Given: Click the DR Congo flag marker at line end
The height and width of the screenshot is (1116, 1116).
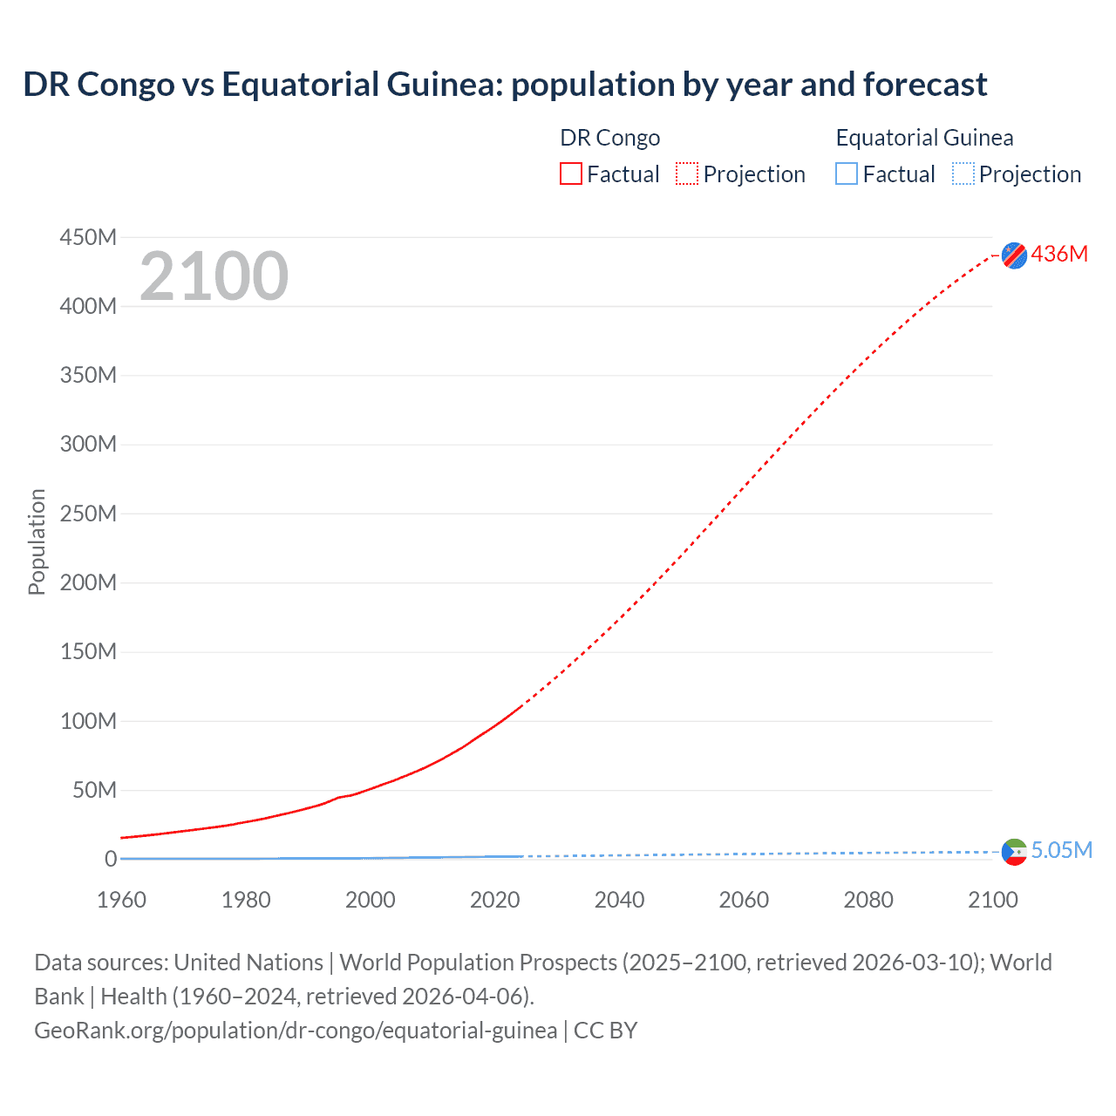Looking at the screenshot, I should (x=1014, y=255).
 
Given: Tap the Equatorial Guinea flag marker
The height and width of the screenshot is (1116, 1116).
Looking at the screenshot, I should (x=1014, y=852).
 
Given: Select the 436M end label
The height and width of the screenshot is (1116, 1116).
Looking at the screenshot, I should (x=1059, y=254).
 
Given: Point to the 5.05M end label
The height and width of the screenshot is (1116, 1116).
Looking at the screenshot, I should (x=1061, y=850).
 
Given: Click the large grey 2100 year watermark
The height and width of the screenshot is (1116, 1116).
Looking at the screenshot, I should (x=214, y=276).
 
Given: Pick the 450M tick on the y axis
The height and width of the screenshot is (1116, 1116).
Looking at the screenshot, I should (x=88, y=237).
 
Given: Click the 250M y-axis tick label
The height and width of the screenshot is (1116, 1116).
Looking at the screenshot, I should (x=88, y=514).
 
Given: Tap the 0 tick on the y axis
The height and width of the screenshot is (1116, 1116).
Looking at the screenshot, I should (x=111, y=859).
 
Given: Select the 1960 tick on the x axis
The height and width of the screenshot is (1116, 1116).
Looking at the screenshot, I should (x=121, y=900).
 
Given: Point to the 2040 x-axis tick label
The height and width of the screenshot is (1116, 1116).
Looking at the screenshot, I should (x=619, y=900).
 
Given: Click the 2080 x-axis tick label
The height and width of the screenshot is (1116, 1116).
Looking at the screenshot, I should (x=868, y=900).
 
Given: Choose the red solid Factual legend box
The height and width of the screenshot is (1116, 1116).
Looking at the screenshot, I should (x=571, y=174).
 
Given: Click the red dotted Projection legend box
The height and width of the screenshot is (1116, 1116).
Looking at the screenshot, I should (x=687, y=174).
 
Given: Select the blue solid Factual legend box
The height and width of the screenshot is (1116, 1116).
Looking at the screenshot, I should (x=847, y=174).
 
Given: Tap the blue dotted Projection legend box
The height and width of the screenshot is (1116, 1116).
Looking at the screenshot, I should (x=963, y=174).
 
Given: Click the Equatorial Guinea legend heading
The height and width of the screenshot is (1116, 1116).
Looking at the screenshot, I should (x=924, y=138).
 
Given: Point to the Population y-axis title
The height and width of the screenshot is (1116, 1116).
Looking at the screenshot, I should (x=37, y=541).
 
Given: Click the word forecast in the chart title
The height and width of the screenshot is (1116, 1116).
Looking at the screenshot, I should (x=925, y=85).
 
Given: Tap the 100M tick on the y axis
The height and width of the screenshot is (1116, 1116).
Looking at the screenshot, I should (x=88, y=721).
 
